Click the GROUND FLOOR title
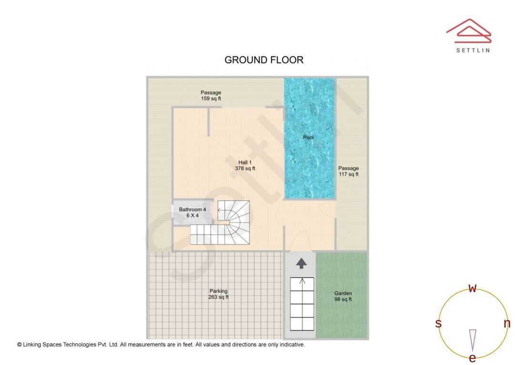pos(264,60)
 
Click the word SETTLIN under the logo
pos(473,50)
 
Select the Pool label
pos(309,138)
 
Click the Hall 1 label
pos(245,162)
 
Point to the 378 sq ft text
pos(245,169)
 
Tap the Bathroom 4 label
pos(193,210)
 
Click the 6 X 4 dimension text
pos(192,216)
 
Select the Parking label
pos(218,291)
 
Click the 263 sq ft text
pos(218,297)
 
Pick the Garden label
pos(343,293)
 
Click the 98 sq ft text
pos(343,300)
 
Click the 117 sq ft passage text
pos(348,174)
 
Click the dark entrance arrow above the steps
pos(301,263)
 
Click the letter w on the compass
pos(473,289)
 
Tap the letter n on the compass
pos(507,323)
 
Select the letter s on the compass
pos(438,324)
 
